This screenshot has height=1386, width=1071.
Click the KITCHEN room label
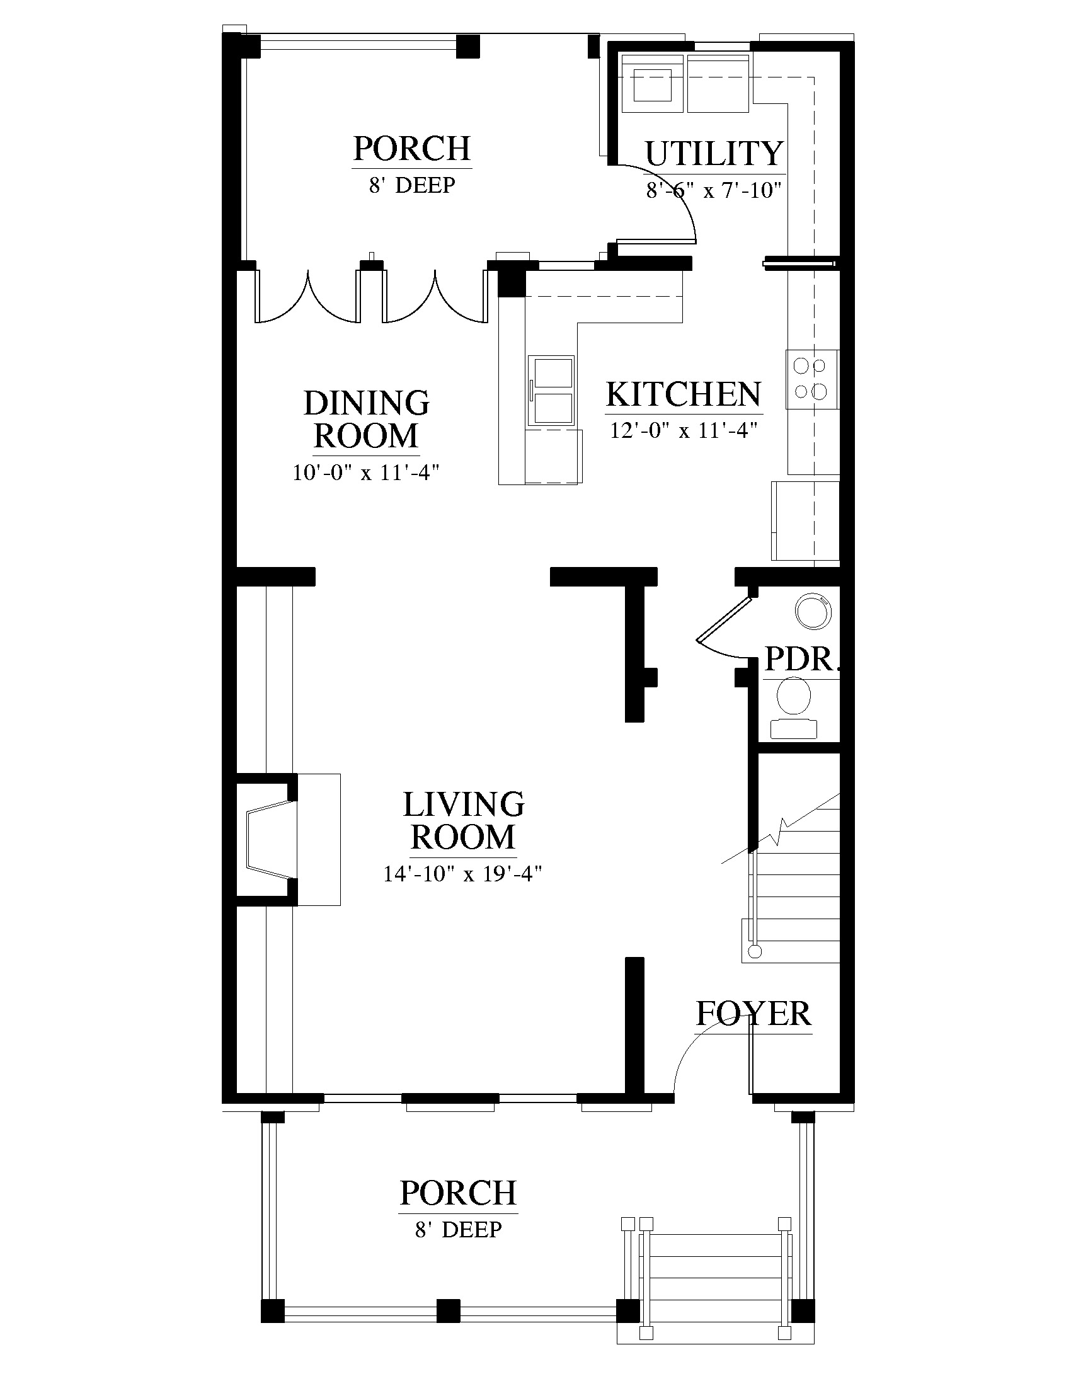[684, 394]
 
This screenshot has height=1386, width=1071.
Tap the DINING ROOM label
[367, 420]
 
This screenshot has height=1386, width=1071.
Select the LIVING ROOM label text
[464, 820]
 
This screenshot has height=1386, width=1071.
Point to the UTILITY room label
[714, 154]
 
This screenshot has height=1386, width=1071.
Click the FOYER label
[753, 1014]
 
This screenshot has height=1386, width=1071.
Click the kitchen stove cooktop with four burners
[812, 379]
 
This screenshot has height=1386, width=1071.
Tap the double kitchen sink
[551, 389]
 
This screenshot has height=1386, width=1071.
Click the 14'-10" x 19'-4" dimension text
[462, 874]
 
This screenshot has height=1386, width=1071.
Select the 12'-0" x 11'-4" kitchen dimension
[684, 430]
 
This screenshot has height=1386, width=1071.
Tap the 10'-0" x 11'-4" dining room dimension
[366, 472]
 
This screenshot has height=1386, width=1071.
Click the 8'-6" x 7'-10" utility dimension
[713, 190]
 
